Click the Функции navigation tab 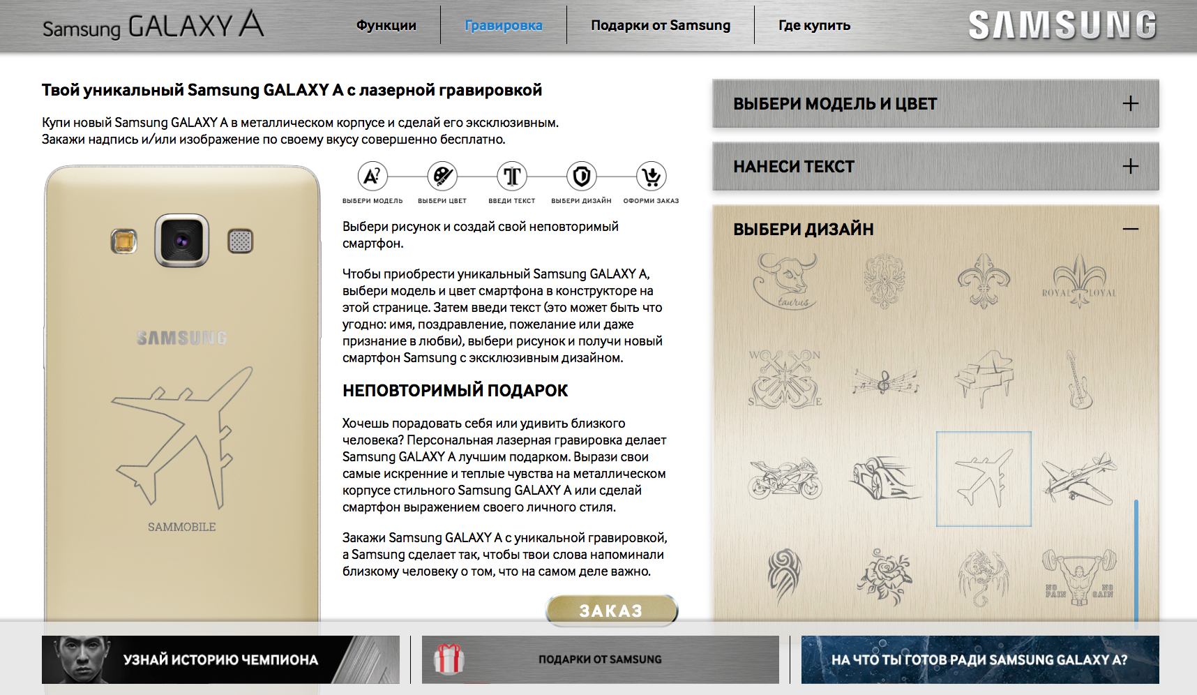click(x=386, y=26)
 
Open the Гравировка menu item click(x=503, y=26)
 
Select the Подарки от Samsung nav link click(x=660, y=26)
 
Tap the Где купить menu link click(x=814, y=26)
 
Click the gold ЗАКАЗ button click(x=611, y=611)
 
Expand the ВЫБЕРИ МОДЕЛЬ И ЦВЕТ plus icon click(x=1130, y=104)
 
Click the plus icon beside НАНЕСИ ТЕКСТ click(x=1130, y=167)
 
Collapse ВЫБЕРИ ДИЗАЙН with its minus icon click(x=1130, y=229)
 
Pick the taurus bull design click(x=785, y=281)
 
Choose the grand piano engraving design click(x=984, y=378)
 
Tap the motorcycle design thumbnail click(x=785, y=479)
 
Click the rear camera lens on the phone click(x=181, y=241)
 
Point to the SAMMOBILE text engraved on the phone click(x=181, y=527)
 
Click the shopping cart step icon click(x=651, y=177)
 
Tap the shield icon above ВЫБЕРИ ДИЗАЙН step click(x=581, y=177)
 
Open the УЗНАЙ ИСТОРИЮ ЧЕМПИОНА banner click(x=220, y=659)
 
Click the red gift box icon click(x=449, y=659)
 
